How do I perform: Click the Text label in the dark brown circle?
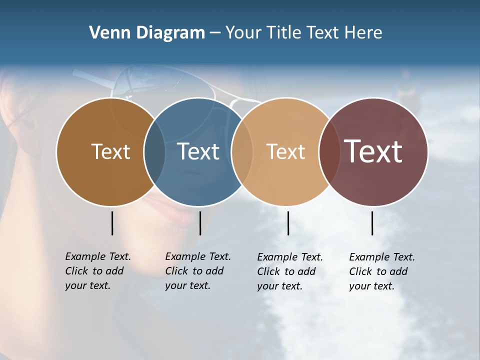tap(110, 151)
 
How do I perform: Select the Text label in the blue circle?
tap(198, 151)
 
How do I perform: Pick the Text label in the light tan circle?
tap(285, 151)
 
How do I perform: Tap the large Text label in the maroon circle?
tap(373, 151)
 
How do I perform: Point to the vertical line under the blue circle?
tap(200, 223)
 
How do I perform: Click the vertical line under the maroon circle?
tap(372, 223)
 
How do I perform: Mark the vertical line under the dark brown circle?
tap(112, 223)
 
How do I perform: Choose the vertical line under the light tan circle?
tap(288, 223)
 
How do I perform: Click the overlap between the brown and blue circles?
tap(154, 152)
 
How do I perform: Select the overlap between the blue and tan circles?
tap(242, 152)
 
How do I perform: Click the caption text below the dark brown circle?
tap(97, 271)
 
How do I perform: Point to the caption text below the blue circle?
tap(197, 271)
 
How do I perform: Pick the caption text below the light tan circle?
tap(289, 271)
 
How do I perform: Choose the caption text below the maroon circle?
tap(381, 271)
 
